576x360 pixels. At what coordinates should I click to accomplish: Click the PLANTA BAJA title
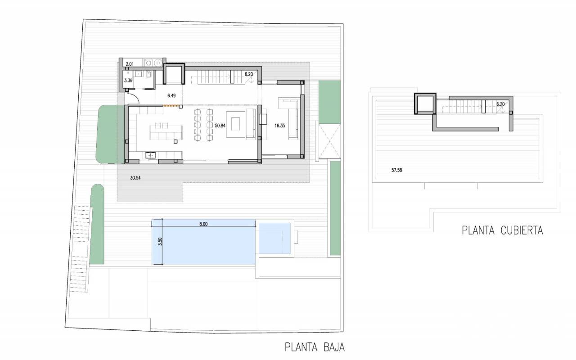[x=315, y=347]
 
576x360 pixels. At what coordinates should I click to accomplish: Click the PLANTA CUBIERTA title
[x=502, y=230]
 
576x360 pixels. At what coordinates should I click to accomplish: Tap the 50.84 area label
[x=220, y=126]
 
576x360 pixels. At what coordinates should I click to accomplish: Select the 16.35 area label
[x=279, y=126]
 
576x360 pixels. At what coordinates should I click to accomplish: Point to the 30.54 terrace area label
[x=135, y=178]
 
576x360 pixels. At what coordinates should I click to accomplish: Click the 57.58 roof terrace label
[x=396, y=170]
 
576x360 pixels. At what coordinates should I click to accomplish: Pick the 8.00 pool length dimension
[x=203, y=224]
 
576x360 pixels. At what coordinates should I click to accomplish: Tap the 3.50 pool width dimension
[x=160, y=242]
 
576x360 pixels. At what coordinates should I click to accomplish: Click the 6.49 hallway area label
[x=171, y=96]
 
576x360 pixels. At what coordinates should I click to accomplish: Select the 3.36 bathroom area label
[x=128, y=81]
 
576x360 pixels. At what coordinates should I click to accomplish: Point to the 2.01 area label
[x=130, y=64]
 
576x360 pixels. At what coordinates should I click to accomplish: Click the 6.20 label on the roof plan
[x=500, y=104]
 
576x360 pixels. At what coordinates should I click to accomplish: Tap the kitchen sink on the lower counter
[x=150, y=155]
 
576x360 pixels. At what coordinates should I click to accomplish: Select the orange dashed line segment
[x=171, y=105]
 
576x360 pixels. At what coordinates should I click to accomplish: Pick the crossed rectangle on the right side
[x=330, y=141]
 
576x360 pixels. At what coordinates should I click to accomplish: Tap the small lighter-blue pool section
[x=274, y=238]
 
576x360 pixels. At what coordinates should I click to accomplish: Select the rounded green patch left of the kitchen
[x=107, y=134]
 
